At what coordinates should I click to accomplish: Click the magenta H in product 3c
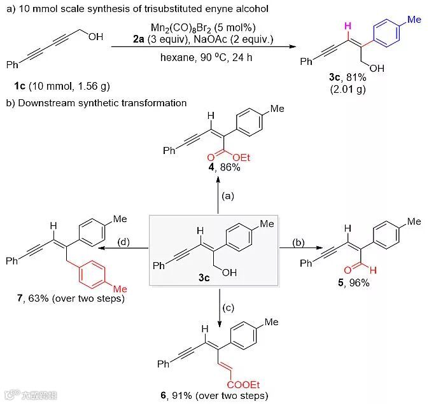[x=346, y=26]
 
